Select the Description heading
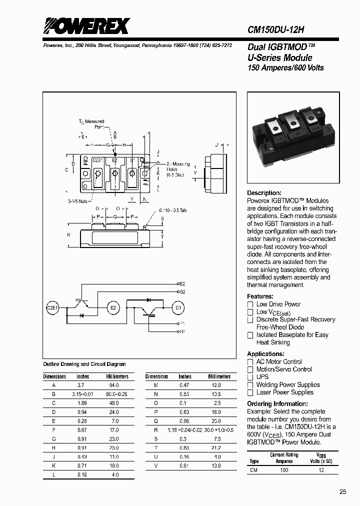click(264, 193)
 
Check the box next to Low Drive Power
click(251, 304)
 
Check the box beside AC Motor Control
click(251, 362)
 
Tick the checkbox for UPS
click(251, 377)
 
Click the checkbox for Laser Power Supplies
click(251, 392)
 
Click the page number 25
click(342, 492)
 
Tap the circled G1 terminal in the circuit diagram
click(178, 307)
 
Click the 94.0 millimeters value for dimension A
click(113, 385)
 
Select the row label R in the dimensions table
click(156, 429)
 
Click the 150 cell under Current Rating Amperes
click(284, 470)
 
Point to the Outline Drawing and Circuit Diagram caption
click(84, 364)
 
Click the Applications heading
click(266, 354)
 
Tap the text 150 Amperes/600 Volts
click(285, 67)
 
